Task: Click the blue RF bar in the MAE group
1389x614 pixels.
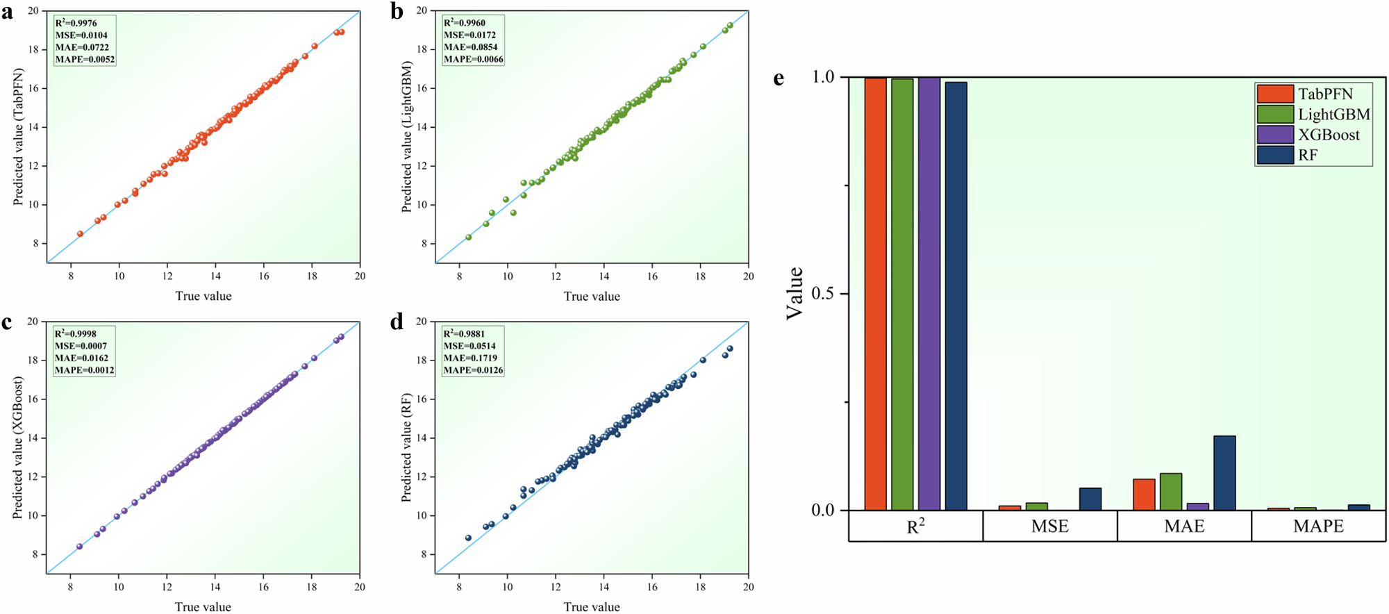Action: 1224,473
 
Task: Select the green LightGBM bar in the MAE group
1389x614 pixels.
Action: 1171,492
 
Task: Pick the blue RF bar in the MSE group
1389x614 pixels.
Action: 1090,499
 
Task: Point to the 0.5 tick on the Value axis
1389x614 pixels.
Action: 822,294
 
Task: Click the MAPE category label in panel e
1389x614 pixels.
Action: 1318,526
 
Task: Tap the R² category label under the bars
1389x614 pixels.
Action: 915,526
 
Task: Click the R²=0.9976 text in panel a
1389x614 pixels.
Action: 76,23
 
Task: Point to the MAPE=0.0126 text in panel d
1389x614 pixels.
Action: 473,370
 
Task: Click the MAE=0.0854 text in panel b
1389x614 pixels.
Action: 470,47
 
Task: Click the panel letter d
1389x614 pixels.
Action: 397,322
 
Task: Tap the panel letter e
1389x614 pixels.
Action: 779,78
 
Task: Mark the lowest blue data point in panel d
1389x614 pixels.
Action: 468,538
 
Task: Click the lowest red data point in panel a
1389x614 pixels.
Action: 80,234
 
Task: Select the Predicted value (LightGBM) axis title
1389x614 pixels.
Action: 407,136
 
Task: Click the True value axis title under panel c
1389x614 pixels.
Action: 203,606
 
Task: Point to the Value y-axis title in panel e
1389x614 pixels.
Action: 795,293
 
